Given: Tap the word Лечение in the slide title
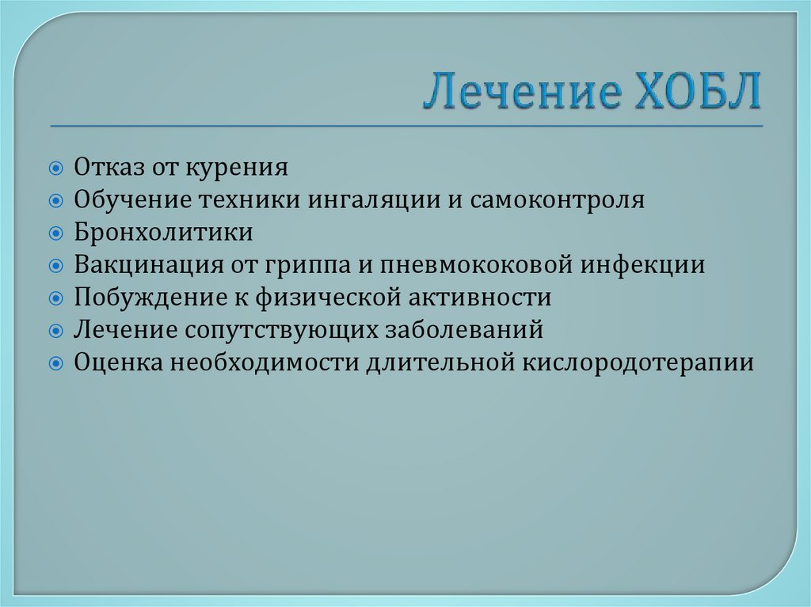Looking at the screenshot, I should click(x=520, y=92).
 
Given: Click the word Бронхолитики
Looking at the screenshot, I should click(x=164, y=233).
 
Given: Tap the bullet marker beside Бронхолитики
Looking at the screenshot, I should click(x=56, y=233).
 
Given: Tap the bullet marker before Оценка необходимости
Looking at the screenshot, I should click(x=56, y=363).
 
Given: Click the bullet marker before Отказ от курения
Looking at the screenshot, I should click(x=56, y=168).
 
